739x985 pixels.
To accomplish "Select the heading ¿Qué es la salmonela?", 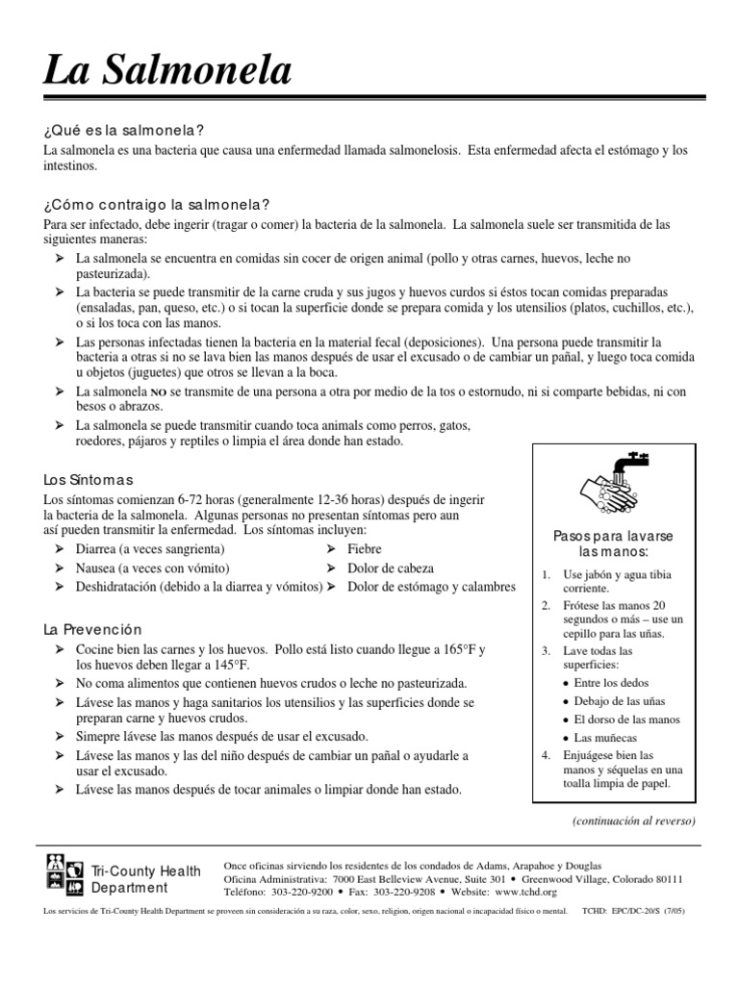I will [124, 130].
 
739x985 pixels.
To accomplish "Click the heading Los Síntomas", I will [88, 479].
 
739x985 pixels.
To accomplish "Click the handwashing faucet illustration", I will [612, 483].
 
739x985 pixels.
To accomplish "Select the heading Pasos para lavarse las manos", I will [613, 543].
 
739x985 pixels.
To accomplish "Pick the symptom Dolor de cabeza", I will [390, 568].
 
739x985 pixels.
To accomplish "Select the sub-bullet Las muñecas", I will [606, 738].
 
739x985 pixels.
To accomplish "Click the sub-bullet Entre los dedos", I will [612, 683].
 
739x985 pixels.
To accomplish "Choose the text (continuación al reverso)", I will [633, 821].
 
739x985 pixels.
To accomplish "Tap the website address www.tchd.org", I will [526, 892].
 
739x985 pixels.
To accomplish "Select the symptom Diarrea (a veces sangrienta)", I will [150, 548].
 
